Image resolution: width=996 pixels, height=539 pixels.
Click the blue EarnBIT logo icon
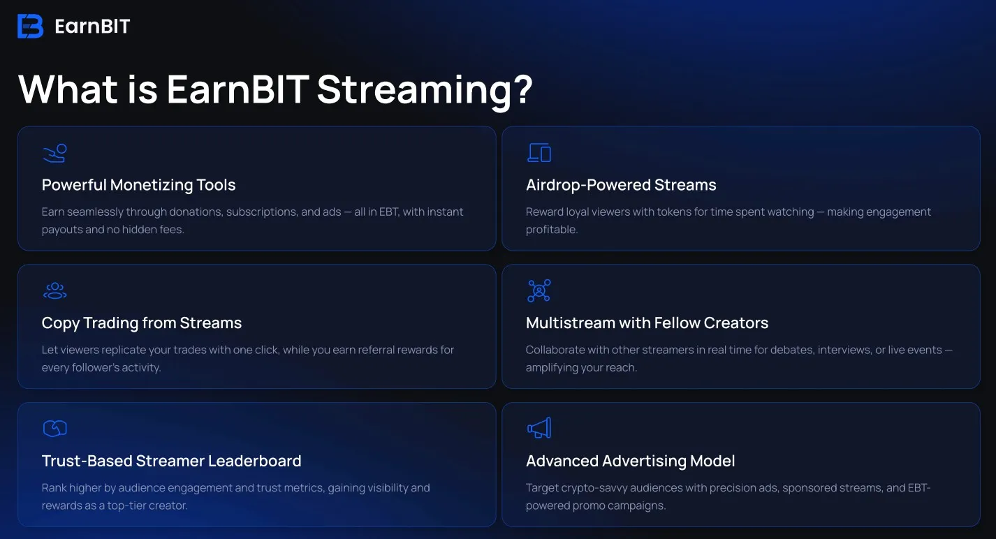click(30, 26)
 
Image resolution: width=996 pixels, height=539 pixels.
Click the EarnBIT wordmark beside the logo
click(92, 27)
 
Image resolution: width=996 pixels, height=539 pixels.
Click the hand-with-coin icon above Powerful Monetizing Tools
click(54, 154)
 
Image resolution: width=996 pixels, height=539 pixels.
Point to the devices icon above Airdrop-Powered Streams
click(539, 153)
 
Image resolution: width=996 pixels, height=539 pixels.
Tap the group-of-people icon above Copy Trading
click(54, 291)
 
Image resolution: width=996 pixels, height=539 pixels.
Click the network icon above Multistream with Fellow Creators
click(539, 290)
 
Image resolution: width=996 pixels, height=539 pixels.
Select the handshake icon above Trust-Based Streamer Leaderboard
click(54, 429)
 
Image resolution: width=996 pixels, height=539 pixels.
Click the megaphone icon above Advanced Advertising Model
click(539, 428)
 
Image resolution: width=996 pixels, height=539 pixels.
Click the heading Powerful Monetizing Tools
click(139, 185)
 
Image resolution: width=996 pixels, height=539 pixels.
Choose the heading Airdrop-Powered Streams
click(621, 185)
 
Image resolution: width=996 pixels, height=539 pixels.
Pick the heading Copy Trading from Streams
click(142, 323)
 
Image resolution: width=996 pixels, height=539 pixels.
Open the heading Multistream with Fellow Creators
click(647, 323)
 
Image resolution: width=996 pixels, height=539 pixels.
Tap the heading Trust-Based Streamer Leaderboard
click(172, 461)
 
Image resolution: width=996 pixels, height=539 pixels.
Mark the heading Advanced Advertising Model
click(631, 462)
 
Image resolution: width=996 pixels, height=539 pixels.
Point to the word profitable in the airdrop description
click(552, 230)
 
